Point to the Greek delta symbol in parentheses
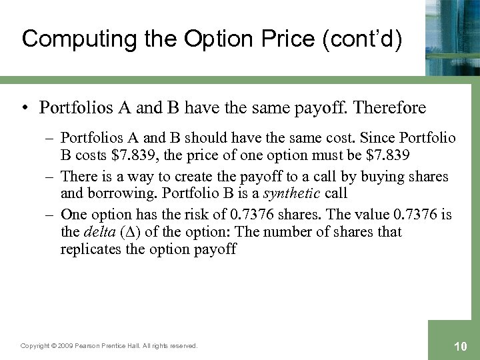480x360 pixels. point(130,233)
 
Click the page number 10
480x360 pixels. point(459,345)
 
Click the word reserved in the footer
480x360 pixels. point(183,345)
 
